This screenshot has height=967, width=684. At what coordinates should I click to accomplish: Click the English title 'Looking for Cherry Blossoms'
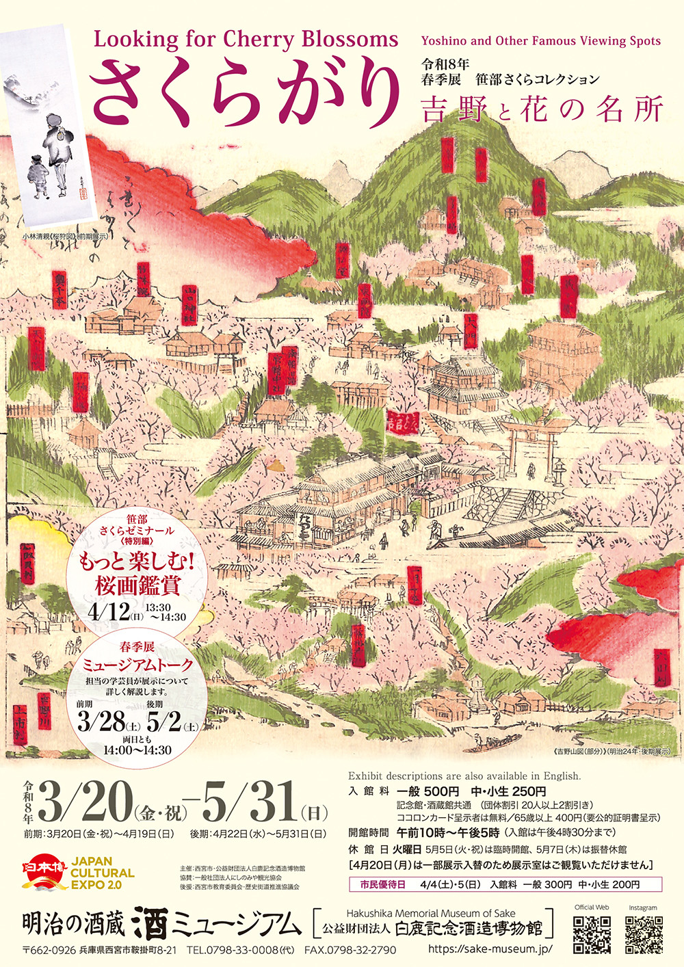pyautogui.click(x=246, y=40)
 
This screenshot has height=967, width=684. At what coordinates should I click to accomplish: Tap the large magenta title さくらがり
pyautogui.click(x=244, y=92)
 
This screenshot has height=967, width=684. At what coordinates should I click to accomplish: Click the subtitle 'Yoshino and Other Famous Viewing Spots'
pyautogui.click(x=540, y=40)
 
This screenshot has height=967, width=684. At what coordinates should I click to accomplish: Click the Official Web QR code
pyautogui.click(x=592, y=934)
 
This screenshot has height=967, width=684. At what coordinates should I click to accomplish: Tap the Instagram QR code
pyautogui.click(x=643, y=934)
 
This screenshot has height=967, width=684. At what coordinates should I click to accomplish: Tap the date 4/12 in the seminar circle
pyautogui.click(x=109, y=611)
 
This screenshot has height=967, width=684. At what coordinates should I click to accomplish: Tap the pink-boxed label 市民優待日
pyautogui.click(x=382, y=884)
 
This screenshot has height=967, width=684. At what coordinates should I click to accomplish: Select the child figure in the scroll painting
pyautogui.click(x=38, y=174)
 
